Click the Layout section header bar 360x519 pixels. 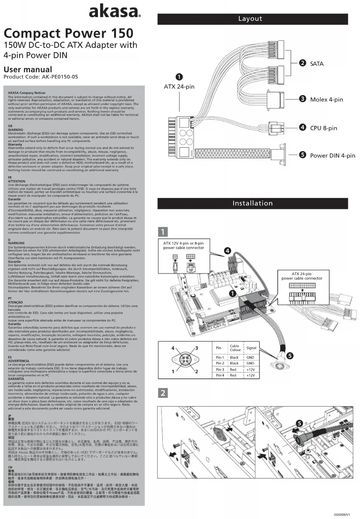click(252, 19)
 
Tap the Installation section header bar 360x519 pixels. click(252, 203)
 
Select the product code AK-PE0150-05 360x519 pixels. click(60, 77)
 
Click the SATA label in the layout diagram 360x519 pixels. click(316, 64)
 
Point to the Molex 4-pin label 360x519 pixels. click(326, 100)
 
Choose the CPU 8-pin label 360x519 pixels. click(323, 128)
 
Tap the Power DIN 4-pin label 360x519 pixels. click(332, 156)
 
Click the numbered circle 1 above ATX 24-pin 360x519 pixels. click(179, 77)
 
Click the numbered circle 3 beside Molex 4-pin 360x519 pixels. click(302, 99)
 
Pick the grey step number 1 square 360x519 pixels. click(163, 232)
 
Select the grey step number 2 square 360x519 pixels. click(163, 393)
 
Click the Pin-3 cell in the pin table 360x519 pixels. click(220, 370)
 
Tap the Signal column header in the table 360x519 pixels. click(251, 348)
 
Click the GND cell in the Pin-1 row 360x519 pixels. click(250, 357)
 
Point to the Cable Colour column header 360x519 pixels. click(235, 348)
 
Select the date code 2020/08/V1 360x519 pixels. click(342, 514)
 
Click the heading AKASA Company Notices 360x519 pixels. click(27, 93)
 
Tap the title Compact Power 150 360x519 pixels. click(68, 33)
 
